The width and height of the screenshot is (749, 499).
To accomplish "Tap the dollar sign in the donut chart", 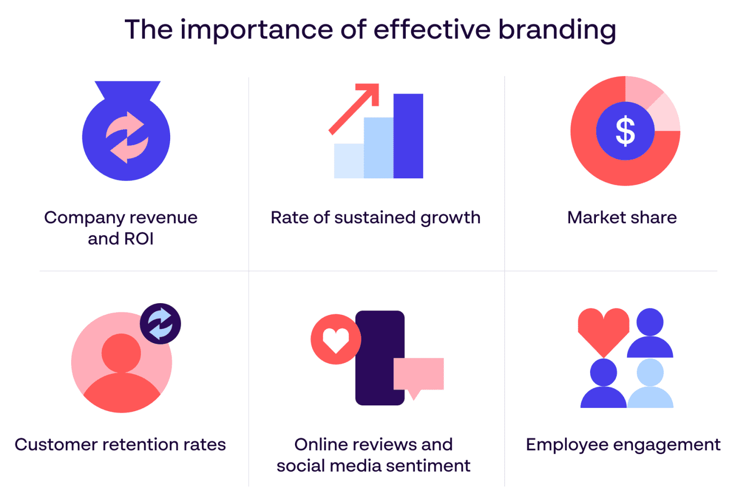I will pos(625,131).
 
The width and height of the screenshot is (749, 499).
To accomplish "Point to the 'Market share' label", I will pos(622,217).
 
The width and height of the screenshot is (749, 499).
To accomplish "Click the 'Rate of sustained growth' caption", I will pos(375,217).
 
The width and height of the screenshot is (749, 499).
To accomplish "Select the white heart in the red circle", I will pos(336,340).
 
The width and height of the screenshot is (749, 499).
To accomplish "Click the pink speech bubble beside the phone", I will pos(419,374).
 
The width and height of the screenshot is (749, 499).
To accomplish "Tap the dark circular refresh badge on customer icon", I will pos(160,324).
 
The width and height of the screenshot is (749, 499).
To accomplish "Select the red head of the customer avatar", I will pos(121,353).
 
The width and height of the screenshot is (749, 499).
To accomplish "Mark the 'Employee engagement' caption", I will pos(623,445).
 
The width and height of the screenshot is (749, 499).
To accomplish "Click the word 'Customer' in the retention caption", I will pos(56,444).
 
